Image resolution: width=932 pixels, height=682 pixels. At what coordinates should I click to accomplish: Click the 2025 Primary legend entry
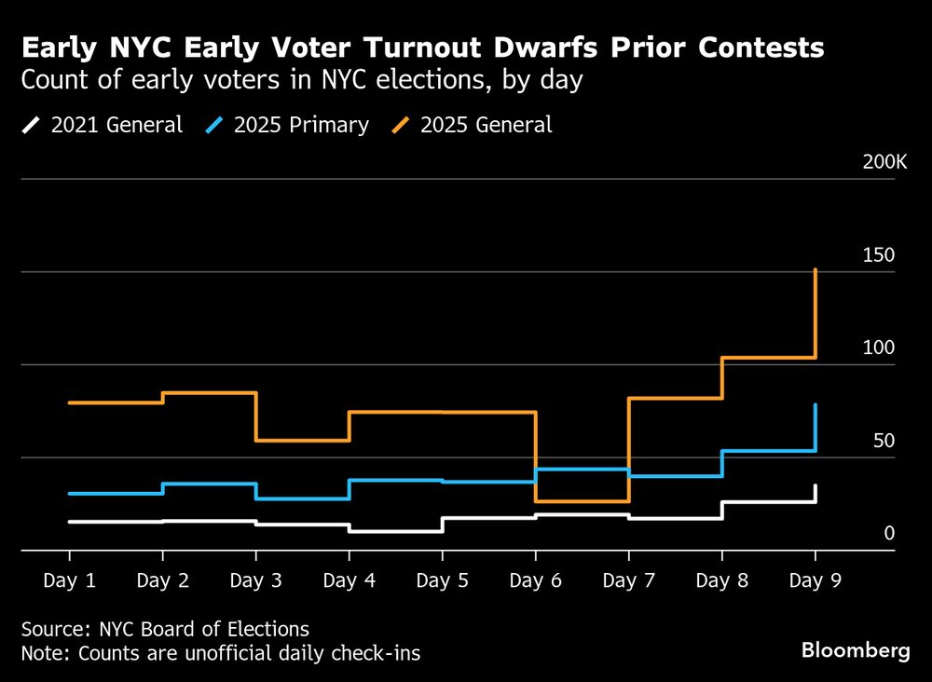289,125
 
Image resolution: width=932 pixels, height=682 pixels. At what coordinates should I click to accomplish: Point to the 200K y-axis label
884,162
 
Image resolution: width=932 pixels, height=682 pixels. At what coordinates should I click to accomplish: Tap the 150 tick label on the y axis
877,255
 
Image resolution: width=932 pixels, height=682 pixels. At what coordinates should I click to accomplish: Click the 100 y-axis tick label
877,348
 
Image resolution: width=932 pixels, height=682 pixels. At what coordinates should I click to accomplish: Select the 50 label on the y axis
882,441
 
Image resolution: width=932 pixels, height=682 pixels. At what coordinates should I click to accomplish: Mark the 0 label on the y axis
889,533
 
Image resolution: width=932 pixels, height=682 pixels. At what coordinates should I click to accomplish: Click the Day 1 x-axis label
70,580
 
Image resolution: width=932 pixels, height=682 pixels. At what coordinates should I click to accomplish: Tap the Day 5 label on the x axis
443,580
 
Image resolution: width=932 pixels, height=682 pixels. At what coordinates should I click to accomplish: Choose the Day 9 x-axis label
815,580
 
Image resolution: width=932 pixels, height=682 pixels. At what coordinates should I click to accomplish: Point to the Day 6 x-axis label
536,580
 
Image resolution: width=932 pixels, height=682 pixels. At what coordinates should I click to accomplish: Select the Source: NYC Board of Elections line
165,629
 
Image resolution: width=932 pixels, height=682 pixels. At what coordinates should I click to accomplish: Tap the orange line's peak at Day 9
816,270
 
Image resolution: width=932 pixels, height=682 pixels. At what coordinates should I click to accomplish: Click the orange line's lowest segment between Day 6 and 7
582,502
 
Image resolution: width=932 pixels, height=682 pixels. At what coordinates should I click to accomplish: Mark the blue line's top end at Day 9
816,405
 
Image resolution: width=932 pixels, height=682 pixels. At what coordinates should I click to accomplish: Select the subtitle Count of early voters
301,81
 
